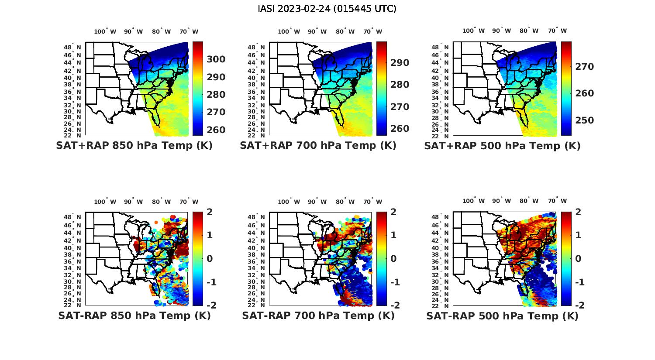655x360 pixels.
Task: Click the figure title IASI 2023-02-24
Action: [327, 9]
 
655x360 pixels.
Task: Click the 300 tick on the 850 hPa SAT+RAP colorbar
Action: [216, 59]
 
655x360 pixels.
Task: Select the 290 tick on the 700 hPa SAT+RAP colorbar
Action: [400, 63]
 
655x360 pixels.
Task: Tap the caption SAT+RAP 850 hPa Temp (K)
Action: [134, 146]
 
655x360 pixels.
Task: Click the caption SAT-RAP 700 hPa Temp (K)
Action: [318, 316]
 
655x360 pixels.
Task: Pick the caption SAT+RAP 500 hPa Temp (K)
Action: [502, 146]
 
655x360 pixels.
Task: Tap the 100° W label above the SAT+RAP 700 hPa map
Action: [289, 31]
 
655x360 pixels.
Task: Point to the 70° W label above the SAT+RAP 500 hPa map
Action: [557, 31]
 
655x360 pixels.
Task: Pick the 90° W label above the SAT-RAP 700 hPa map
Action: [317, 202]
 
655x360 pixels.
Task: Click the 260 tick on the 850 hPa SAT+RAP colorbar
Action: [216, 130]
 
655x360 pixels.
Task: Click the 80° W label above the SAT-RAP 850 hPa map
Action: [162, 202]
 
